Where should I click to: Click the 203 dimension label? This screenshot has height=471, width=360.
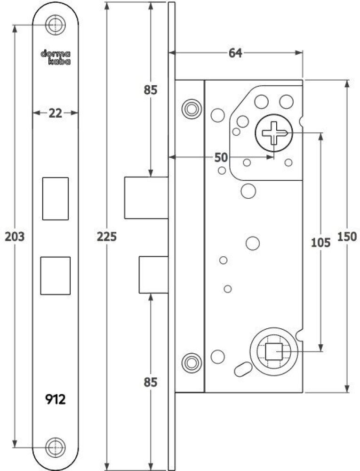[x=14, y=236]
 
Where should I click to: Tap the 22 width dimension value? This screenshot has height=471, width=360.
[x=56, y=113]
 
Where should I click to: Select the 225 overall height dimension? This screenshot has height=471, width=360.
[x=107, y=237]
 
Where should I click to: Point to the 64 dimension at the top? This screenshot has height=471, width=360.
[x=235, y=53]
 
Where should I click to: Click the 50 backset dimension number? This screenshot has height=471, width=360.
[x=221, y=157]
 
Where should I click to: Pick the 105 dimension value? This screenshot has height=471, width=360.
[x=321, y=242]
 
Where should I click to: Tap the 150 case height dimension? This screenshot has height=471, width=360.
[x=347, y=237]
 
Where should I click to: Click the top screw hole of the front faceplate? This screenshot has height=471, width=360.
[x=56, y=25]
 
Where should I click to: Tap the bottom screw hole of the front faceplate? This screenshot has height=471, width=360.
[x=56, y=446]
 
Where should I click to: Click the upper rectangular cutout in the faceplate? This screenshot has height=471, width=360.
[x=56, y=198]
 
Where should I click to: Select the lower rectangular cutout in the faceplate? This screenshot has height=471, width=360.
[x=56, y=276]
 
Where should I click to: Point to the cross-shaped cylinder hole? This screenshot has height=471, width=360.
[x=273, y=133]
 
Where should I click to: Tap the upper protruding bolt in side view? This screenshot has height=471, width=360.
[x=146, y=198]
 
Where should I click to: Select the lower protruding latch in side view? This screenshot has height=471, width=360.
[x=153, y=275]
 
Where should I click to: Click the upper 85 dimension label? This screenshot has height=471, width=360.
[x=151, y=89]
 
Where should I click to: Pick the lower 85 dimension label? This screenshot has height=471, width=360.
[x=151, y=382]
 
